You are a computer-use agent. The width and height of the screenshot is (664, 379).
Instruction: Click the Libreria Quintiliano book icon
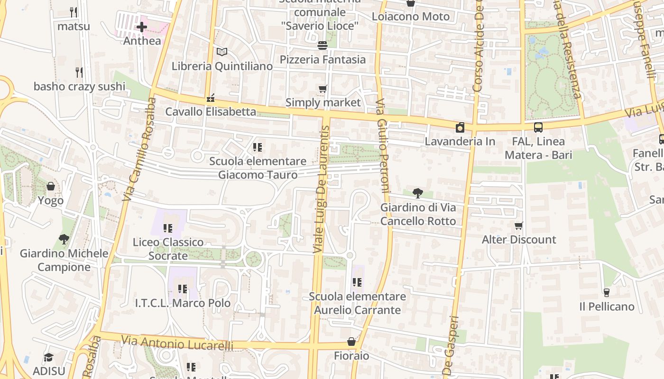click(221, 52)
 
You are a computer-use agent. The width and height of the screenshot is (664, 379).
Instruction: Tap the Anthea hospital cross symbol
click(141, 27)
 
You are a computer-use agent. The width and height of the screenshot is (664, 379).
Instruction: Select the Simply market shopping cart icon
click(323, 89)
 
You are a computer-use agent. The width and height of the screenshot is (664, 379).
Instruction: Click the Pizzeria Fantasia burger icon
click(323, 45)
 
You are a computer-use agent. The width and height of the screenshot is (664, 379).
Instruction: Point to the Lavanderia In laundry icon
click(460, 127)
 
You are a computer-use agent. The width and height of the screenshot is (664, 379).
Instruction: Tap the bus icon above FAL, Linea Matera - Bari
click(538, 127)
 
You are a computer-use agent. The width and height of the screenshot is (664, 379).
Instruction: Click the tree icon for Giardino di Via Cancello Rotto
click(418, 193)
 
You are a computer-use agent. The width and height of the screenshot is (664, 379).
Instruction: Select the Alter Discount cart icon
click(519, 226)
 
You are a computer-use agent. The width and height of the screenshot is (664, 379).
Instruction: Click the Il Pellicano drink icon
click(606, 293)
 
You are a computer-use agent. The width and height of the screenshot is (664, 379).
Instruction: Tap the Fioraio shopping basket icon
click(351, 342)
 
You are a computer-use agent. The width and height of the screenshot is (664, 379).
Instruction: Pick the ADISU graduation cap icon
click(48, 357)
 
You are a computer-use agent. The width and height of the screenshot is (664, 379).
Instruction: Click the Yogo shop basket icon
click(51, 187)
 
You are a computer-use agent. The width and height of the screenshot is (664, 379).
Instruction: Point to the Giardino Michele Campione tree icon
click(64, 239)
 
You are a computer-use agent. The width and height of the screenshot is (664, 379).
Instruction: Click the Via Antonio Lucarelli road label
click(177, 343)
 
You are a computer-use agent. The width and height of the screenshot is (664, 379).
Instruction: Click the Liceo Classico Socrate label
click(168, 249)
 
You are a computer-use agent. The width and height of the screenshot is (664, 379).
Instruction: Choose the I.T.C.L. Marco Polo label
click(183, 303)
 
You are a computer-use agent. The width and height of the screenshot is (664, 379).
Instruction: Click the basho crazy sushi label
click(79, 86)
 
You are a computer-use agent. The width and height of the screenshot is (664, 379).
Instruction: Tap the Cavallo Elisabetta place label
click(211, 112)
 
